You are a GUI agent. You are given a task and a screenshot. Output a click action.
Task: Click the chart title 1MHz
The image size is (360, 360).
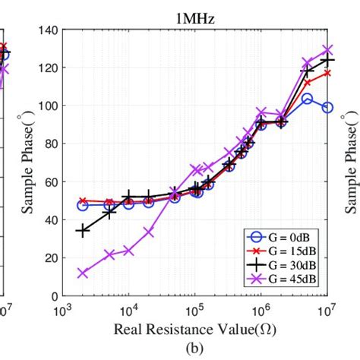pos(195,18)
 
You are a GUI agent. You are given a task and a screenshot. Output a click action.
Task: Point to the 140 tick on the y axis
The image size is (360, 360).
pos(47,30)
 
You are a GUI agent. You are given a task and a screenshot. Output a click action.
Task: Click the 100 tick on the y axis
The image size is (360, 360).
pos(47,106)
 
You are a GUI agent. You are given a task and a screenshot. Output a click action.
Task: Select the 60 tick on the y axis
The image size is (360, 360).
pos(50,182)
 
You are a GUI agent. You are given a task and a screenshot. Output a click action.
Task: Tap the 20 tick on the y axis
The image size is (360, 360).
pos(50,258)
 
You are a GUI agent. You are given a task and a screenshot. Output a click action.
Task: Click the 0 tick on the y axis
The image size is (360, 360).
pos(53,296)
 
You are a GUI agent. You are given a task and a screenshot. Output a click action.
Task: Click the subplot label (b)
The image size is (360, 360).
pos(195,348)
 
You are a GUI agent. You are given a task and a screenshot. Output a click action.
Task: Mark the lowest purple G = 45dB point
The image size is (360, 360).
pos(82,273)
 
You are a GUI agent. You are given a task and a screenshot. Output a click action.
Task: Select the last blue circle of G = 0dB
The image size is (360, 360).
pos(327,108)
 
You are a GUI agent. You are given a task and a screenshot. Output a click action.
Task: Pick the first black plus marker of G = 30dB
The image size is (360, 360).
pos(82,230)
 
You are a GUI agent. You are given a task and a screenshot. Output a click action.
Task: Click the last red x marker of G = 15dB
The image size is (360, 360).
pos(327,73)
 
